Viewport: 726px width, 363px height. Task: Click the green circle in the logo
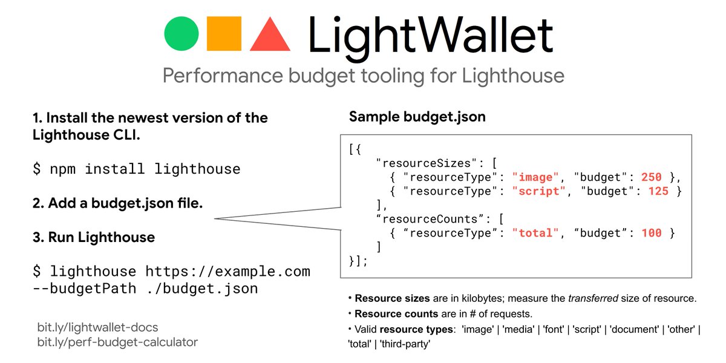181,34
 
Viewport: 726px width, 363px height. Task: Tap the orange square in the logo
224,34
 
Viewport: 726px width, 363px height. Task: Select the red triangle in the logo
270,35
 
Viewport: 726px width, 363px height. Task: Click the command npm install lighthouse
136,169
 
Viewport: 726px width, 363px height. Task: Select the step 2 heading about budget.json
117,203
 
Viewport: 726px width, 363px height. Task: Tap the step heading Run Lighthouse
93,237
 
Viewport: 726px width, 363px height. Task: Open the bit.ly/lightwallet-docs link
97,327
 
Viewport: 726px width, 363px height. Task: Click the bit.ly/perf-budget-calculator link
117,342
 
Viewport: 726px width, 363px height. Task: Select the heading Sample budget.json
417,117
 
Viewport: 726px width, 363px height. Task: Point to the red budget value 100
652,233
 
